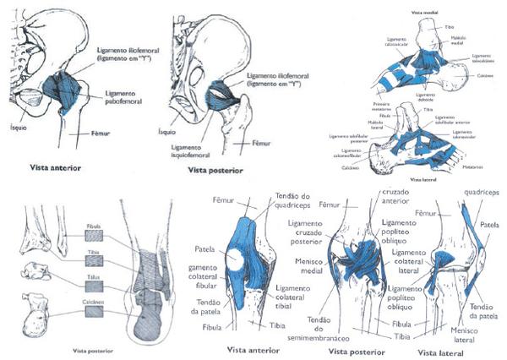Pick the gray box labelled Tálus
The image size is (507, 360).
coord(94,282)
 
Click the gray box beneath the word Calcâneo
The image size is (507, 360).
coord(94,313)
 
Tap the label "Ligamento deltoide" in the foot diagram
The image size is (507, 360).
coord(428,95)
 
